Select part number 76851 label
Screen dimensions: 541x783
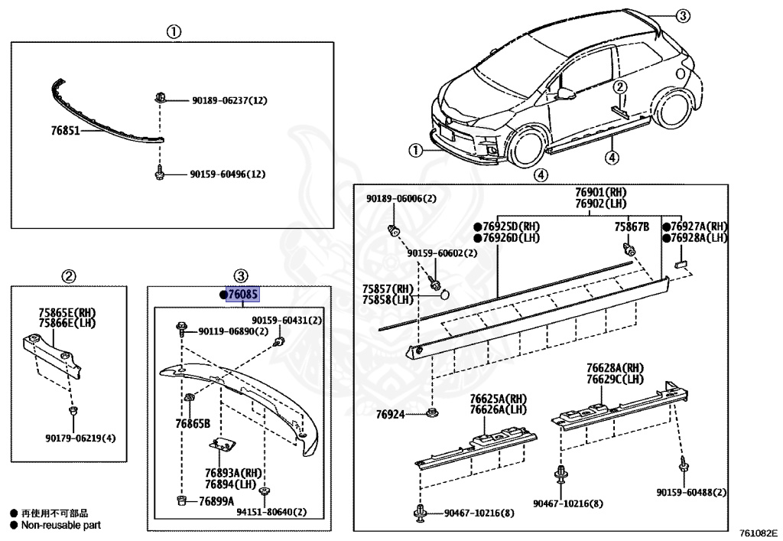coord(66,131)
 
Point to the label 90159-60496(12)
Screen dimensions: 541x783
coord(227,174)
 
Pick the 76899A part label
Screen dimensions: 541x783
coord(216,501)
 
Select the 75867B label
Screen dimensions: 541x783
coord(631,227)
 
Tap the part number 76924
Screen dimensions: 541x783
coord(391,414)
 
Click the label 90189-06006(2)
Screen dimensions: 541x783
coord(401,199)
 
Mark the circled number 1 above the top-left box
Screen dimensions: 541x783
coord(174,31)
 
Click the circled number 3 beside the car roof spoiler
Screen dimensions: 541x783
coord(683,15)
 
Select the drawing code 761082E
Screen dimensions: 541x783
coord(757,530)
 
